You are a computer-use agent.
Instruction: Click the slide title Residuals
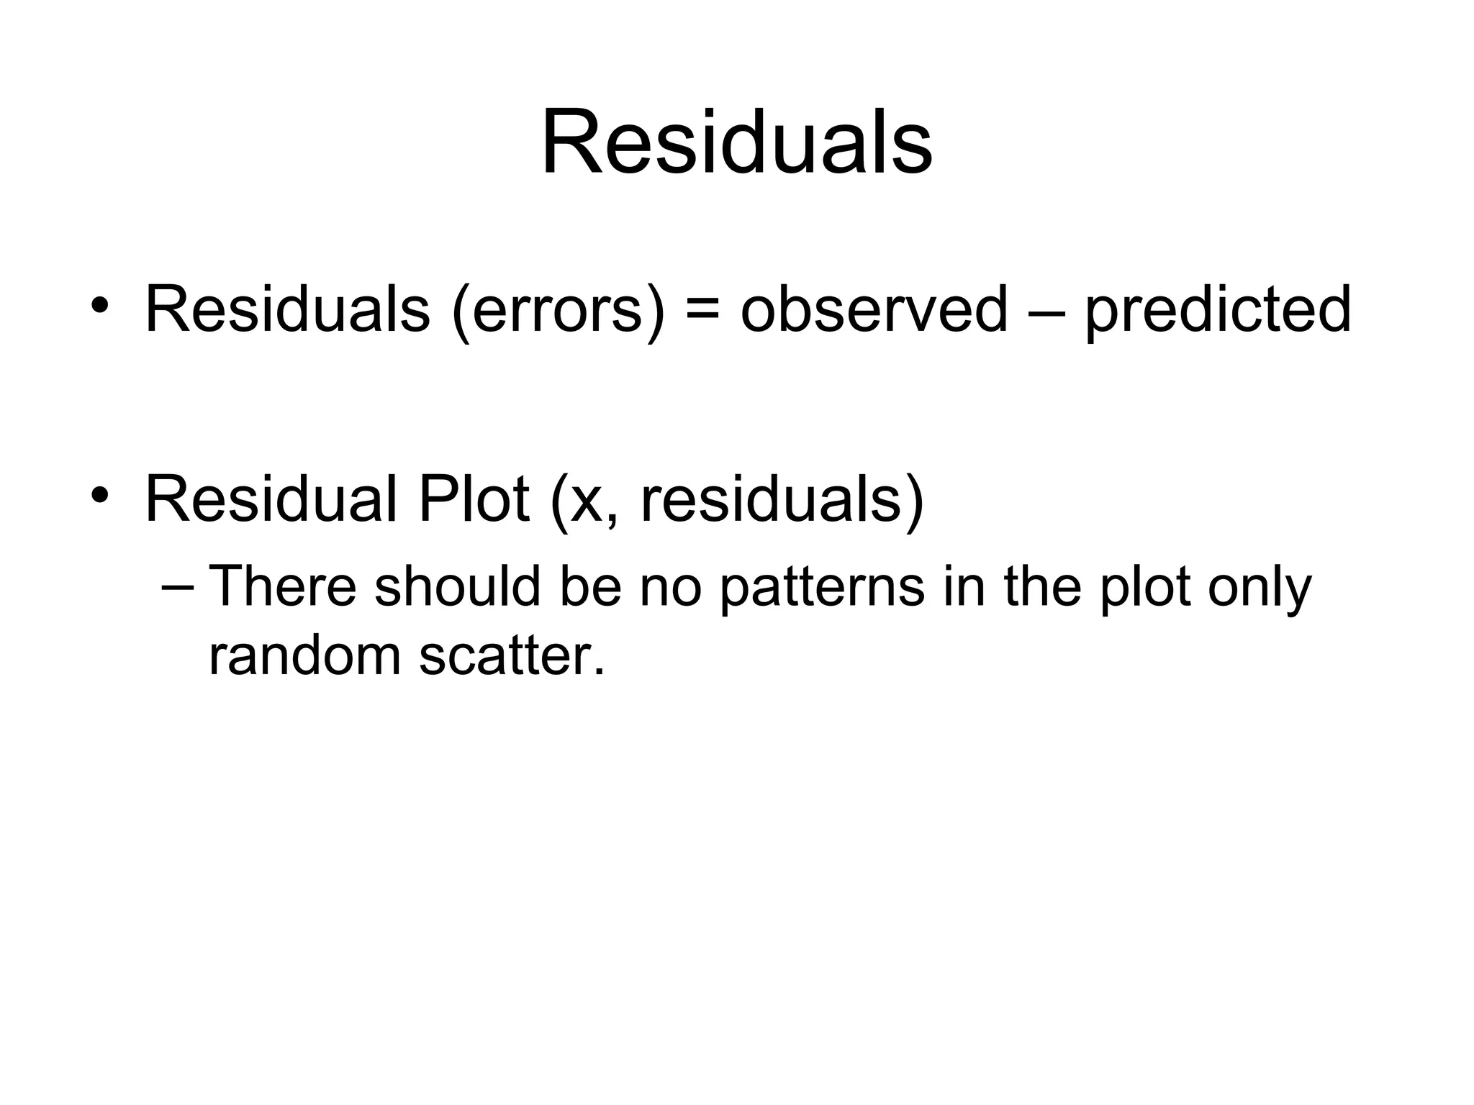(736, 142)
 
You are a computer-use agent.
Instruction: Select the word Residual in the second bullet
(271, 499)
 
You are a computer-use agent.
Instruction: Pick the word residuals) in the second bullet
(782, 501)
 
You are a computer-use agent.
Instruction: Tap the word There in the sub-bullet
(282, 586)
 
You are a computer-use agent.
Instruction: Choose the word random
(304, 656)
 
